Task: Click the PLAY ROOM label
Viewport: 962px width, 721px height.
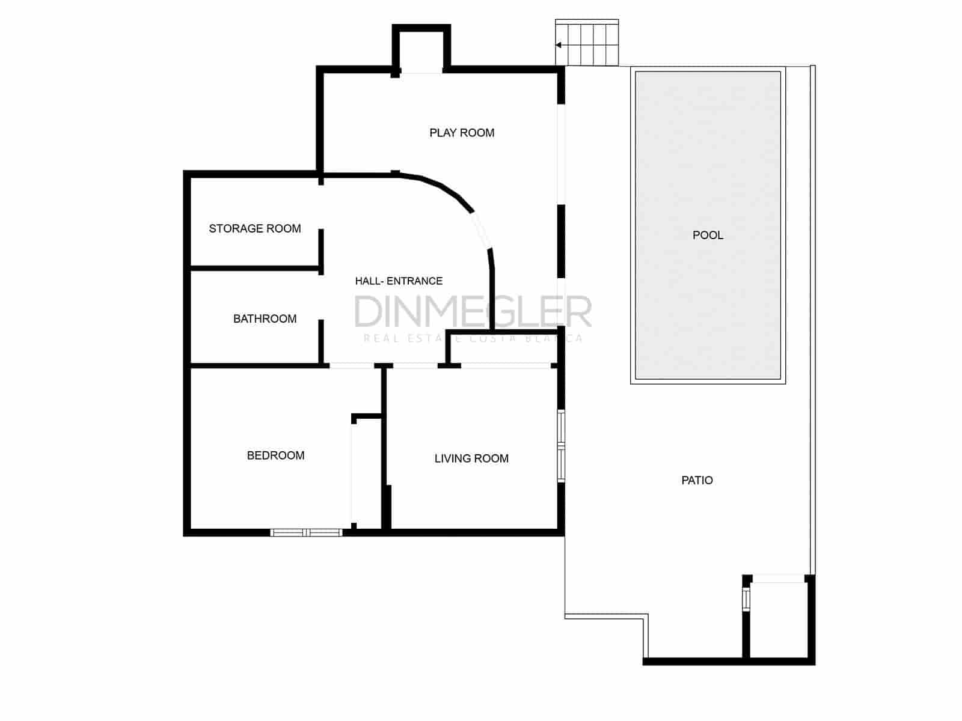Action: tap(462, 133)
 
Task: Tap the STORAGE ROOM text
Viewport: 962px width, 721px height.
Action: tap(255, 228)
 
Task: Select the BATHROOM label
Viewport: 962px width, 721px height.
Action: tap(265, 318)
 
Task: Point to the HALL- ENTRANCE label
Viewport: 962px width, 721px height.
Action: tap(399, 281)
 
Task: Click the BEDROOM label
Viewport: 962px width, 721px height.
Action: tap(275, 455)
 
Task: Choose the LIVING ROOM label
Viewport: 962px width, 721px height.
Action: tap(471, 458)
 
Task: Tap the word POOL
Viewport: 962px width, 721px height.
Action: tap(708, 235)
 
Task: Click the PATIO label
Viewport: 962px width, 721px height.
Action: tap(697, 480)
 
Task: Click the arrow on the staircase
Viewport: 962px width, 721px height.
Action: tap(559, 45)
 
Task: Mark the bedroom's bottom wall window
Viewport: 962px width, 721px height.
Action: tap(306, 532)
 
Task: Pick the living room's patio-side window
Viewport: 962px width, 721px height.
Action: tap(561, 446)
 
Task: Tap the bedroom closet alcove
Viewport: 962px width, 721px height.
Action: tap(366, 472)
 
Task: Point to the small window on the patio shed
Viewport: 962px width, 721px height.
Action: tap(746, 598)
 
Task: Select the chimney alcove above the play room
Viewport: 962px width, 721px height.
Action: tap(421, 51)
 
